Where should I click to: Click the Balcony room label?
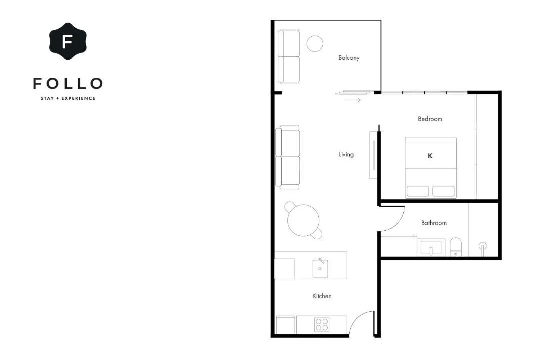349,58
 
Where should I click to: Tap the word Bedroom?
430,119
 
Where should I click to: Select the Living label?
346,154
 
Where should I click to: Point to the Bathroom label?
434,223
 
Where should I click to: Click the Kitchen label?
322,296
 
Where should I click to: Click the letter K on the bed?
430,156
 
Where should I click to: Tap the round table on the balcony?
315,44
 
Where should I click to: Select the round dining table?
304,221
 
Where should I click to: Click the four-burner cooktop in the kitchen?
322,324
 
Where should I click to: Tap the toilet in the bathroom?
456,247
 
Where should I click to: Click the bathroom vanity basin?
431,248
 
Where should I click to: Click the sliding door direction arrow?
352,100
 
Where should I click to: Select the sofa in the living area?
288,157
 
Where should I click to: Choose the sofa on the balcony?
289,57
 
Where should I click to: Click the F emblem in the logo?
68,41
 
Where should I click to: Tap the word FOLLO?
68,83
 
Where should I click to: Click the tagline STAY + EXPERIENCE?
68,98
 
